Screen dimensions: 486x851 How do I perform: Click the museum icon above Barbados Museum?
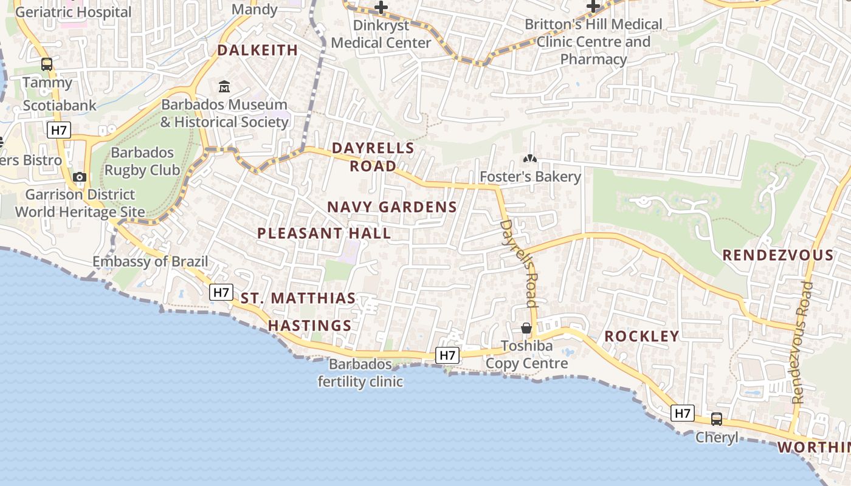(x=224, y=87)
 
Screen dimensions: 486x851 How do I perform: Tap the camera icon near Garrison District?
(x=79, y=177)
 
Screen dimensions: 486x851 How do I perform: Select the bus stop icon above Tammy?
(x=47, y=64)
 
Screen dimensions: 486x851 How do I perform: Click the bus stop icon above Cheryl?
(x=717, y=419)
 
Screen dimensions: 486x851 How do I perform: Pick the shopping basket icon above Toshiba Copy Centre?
(x=526, y=328)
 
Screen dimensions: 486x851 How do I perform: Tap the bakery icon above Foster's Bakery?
(x=530, y=159)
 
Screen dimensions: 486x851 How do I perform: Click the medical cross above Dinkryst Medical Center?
(x=381, y=7)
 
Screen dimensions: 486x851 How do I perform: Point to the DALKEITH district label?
(x=258, y=50)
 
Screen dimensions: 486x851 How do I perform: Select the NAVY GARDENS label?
(x=392, y=207)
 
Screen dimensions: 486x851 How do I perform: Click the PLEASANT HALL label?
(x=324, y=233)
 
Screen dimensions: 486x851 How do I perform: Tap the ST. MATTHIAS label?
(x=298, y=298)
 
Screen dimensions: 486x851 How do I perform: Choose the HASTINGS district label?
(x=310, y=326)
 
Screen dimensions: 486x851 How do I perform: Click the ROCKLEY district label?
(x=641, y=337)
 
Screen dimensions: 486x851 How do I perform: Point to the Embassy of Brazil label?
(x=150, y=262)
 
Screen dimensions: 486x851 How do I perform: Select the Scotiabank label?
(x=60, y=106)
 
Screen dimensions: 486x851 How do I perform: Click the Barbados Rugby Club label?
(x=142, y=162)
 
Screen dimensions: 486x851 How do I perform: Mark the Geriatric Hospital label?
(x=73, y=12)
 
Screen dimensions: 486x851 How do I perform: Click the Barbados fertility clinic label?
(x=360, y=373)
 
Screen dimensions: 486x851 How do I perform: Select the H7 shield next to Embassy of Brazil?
(x=222, y=292)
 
